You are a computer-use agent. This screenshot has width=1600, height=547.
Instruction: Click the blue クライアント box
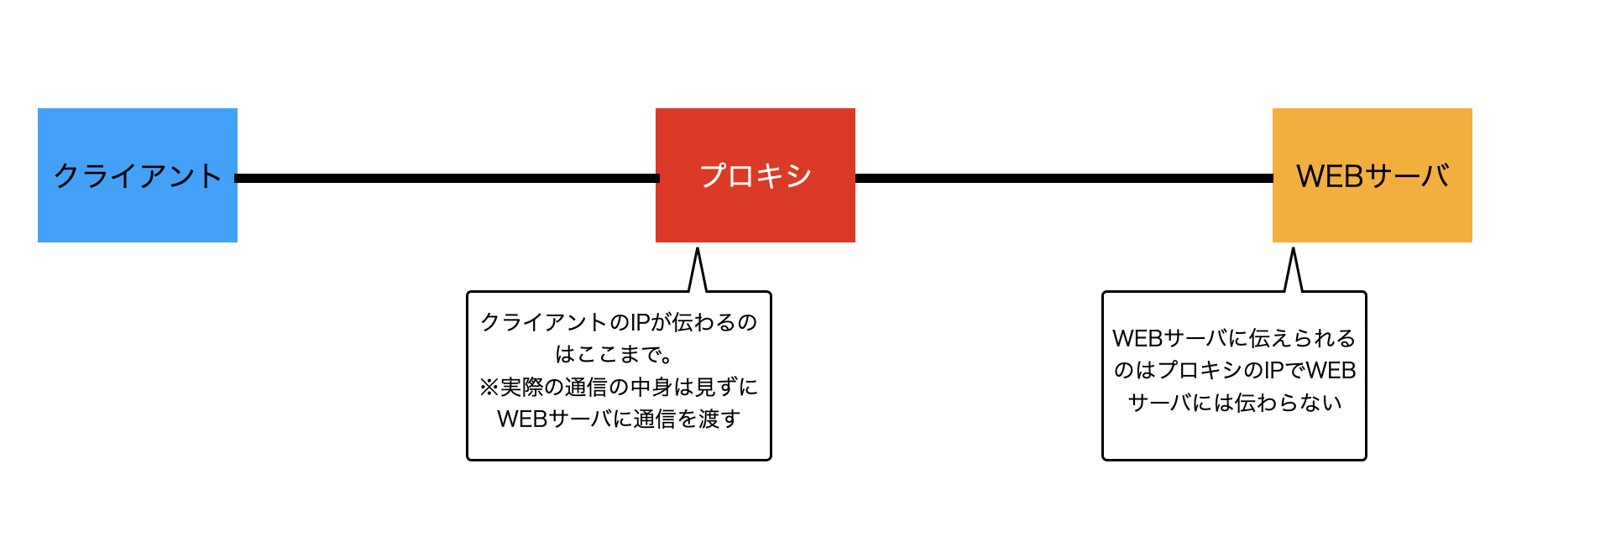pyautogui.click(x=138, y=175)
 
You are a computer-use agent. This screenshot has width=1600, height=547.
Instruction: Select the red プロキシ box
pyautogui.click(x=756, y=175)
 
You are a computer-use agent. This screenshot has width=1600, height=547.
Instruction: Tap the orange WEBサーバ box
pyautogui.click(x=1373, y=175)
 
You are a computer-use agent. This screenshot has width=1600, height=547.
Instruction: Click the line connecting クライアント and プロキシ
pyautogui.click(x=447, y=178)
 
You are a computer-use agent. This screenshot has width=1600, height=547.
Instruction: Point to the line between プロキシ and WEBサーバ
pyautogui.click(x=1064, y=178)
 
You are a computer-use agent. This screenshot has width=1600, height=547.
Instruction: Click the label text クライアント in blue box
pyautogui.click(x=138, y=176)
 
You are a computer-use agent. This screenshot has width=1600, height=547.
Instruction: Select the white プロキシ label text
pyautogui.click(x=756, y=176)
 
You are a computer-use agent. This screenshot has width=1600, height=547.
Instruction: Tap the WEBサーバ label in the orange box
pyautogui.click(x=1373, y=176)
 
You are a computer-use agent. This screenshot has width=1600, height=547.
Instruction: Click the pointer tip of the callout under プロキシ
pyautogui.click(x=698, y=248)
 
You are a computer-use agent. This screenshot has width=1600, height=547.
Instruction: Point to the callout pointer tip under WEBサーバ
pyautogui.click(x=1294, y=248)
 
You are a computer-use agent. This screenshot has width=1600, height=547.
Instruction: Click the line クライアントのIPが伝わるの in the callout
pyautogui.click(x=619, y=322)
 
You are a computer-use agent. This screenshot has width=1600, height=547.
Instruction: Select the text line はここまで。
pyautogui.click(x=614, y=354)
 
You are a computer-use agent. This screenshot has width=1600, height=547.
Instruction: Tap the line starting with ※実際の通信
pyautogui.click(x=619, y=387)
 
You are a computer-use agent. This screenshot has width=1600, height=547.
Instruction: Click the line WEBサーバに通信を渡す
pyautogui.click(x=619, y=419)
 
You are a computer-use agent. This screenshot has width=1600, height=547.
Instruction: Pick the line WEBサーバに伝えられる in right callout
pyautogui.click(x=1234, y=338)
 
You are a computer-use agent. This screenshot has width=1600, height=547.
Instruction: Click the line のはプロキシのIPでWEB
pyautogui.click(x=1235, y=370)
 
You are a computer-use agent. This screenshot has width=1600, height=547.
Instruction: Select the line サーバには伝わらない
pyautogui.click(x=1235, y=403)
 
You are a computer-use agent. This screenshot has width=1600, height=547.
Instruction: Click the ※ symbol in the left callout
pyautogui.click(x=489, y=387)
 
